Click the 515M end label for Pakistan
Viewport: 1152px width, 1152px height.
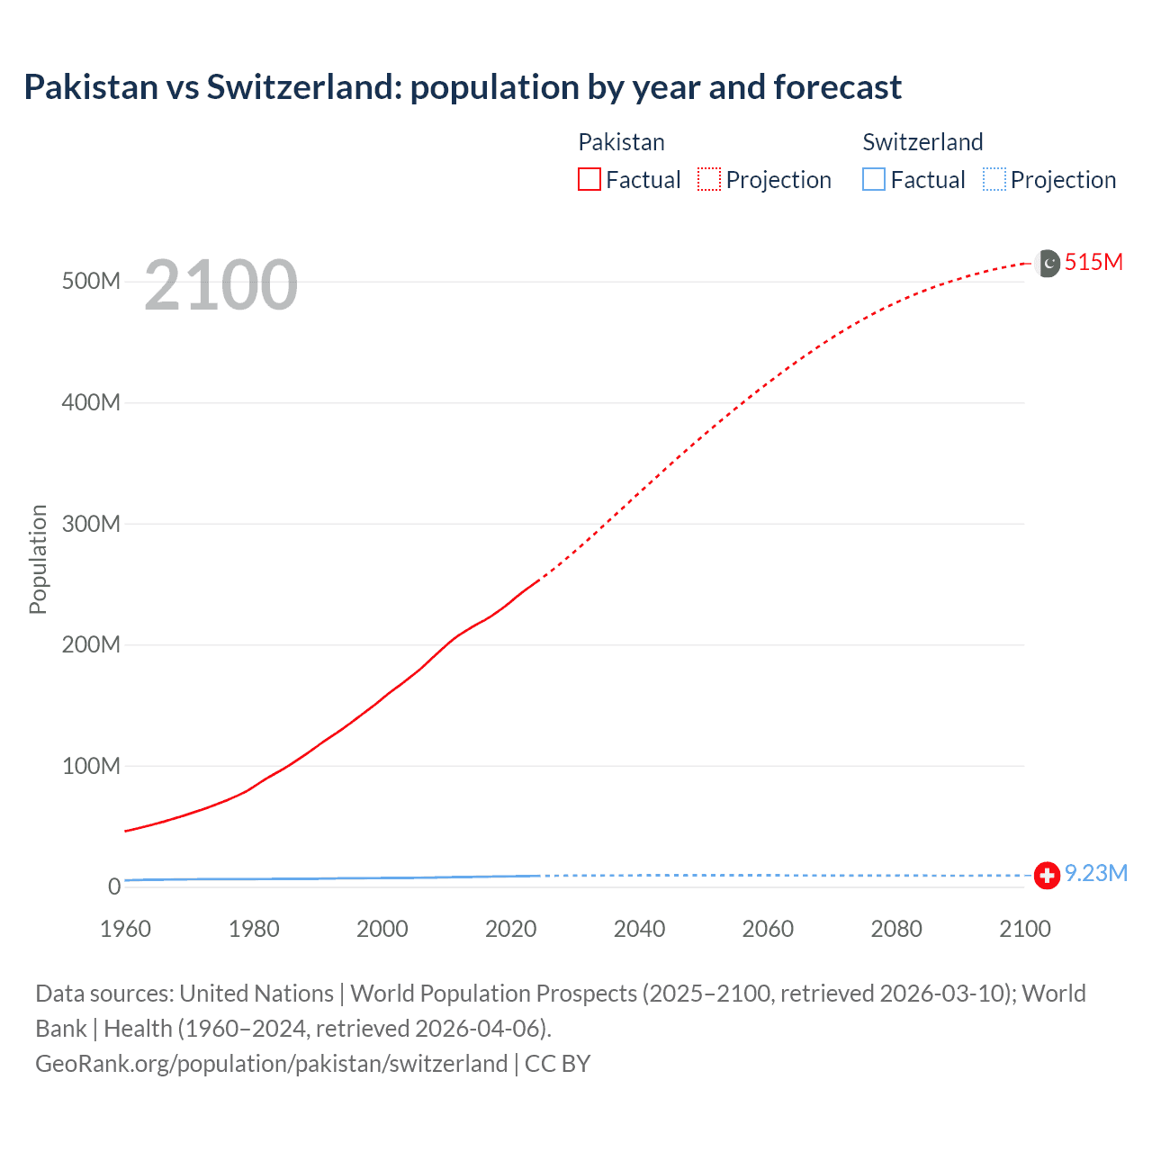1093,262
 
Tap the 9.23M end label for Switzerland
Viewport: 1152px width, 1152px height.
1095,874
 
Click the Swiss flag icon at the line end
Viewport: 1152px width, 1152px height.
1047,875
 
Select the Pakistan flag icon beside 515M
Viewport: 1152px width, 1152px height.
1048,263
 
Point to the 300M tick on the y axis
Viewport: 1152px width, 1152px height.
91,524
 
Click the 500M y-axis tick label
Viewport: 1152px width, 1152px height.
91,281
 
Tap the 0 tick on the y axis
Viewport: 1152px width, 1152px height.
114,886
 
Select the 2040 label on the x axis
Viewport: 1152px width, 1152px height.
639,929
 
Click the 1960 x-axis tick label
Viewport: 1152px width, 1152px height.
125,929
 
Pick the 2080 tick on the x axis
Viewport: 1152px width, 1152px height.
896,929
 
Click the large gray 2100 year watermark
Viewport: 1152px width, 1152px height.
220,285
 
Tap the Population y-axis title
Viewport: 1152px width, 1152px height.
38,559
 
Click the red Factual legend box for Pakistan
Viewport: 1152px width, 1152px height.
589,179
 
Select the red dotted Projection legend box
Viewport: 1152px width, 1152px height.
709,179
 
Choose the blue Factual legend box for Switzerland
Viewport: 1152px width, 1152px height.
874,179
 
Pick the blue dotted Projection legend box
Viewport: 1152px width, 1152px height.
994,179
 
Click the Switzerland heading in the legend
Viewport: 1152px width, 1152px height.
922,142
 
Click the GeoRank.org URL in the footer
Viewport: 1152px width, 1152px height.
271,1064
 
